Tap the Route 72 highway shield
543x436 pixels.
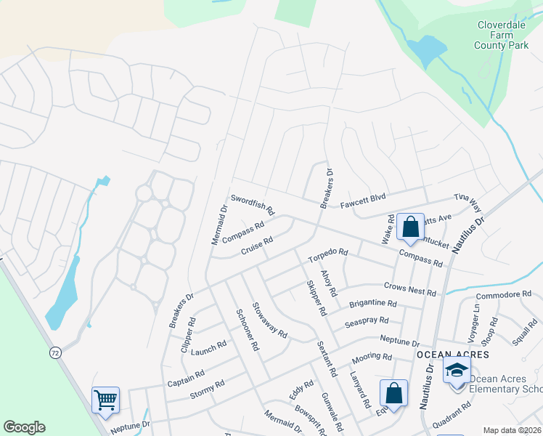[54, 352]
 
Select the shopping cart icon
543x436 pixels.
[105, 399]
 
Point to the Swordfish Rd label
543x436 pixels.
[253, 204]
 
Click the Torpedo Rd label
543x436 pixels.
[327, 256]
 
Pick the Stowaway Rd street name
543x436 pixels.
[269, 320]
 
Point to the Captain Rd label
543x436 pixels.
[185, 379]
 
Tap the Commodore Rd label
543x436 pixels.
[508, 295]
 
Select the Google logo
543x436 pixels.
[24, 427]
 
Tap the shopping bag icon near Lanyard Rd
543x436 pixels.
[393, 393]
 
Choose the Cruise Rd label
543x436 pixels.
[256, 246]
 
